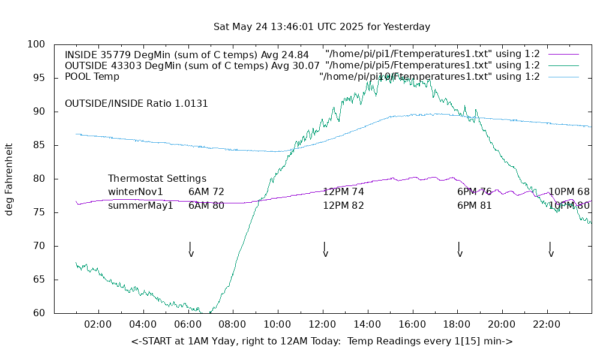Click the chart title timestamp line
click(x=322, y=27)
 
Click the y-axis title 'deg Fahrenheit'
click(x=9, y=179)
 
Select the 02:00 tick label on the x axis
click(x=98, y=325)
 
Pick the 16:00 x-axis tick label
click(x=412, y=325)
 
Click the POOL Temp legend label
click(x=92, y=77)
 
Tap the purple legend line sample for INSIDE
click(x=563, y=55)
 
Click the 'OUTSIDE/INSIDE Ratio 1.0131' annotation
click(x=136, y=104)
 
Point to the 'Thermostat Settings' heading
click(x=157, y=179)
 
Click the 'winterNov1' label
click(x=136, y=192)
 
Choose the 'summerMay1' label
click(x=140, y=206)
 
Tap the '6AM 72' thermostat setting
click(x=206, y=192)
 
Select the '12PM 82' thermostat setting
click(x=343, y=206)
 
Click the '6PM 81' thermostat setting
click(x=475, y=206)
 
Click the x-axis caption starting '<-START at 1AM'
click(x=322, y=341)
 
